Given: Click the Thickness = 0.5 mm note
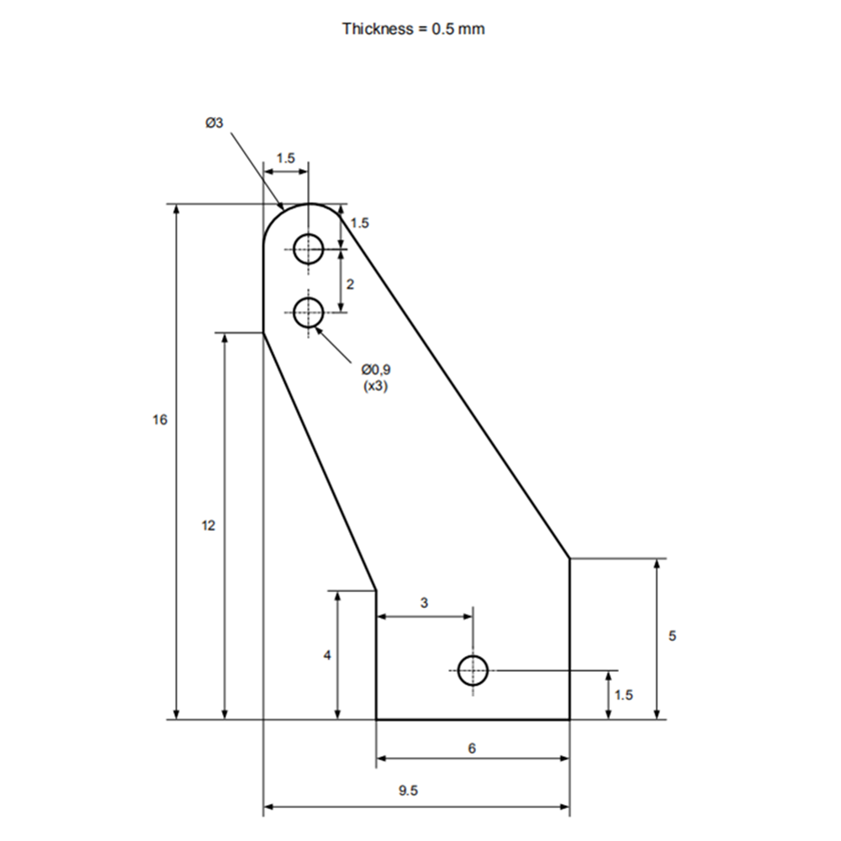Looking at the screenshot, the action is coord(414,29).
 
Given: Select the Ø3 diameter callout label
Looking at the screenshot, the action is coord(214,123).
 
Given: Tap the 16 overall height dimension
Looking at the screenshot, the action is coord(160,420).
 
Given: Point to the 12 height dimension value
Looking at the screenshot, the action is coord(208,526).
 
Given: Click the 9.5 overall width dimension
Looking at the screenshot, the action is coord(408,790).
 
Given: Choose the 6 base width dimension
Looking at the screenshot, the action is coord(472,748).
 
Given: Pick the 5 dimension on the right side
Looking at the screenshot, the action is coord(672,636).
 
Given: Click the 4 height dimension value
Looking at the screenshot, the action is coord(327,655).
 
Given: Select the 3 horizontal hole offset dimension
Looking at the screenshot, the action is coord(424,603).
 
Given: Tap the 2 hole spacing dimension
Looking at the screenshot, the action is coord(350,283).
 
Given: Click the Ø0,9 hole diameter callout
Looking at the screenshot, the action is coord(375,369).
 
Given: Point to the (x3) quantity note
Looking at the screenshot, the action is coord(375,386).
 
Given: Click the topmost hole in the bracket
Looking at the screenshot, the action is coord(309,249).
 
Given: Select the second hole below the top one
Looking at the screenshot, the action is coord(309,313).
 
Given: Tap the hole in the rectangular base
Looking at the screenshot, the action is coord(473,670).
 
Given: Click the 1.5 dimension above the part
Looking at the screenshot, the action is coord(286,158).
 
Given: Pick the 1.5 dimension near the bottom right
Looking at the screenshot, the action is coord(624,696).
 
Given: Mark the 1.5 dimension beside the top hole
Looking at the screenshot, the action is coord(360,223).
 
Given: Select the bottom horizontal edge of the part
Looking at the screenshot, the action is coord(473,719).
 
